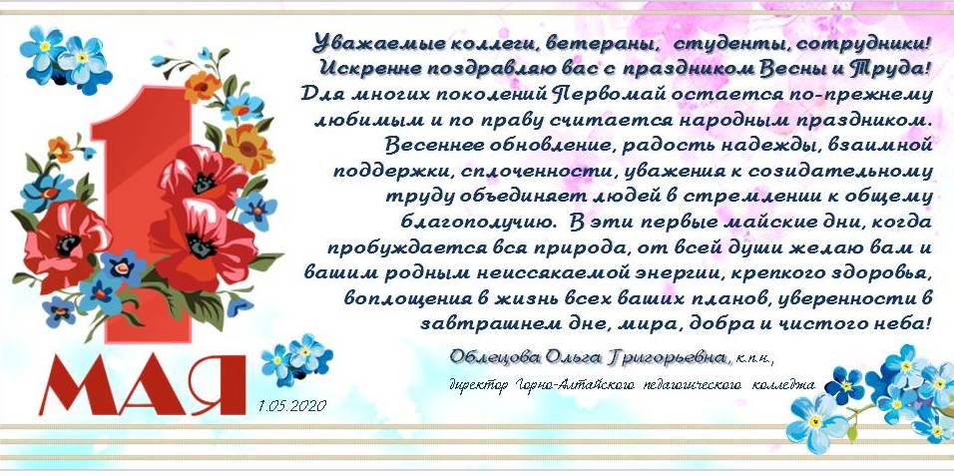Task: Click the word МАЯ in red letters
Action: (143, 385)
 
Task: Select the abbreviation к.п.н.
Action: (754, 358)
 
